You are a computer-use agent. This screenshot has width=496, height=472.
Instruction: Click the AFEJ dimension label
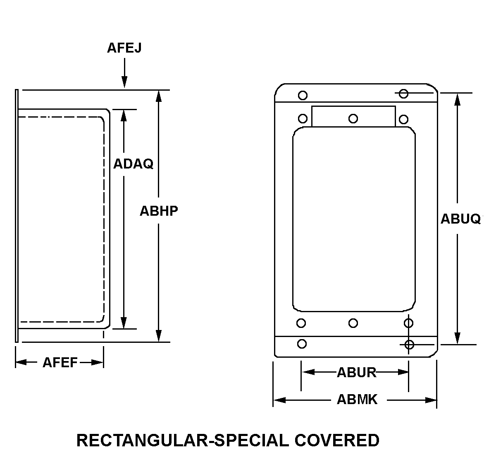pos(124,48)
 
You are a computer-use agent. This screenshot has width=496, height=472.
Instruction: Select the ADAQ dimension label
pos(133,164)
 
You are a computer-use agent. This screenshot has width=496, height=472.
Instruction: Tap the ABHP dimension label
pos(159,211)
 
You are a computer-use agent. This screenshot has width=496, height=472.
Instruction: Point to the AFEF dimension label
pos(60,363)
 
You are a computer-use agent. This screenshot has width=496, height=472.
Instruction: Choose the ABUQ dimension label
pos(460,219)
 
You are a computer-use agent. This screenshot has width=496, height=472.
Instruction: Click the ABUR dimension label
pos(356,372)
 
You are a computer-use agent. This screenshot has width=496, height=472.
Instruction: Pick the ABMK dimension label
pos(357,400)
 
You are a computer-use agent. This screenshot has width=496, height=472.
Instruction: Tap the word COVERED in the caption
pos(337,441)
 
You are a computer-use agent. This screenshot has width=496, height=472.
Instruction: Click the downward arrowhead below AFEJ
pos(124,82)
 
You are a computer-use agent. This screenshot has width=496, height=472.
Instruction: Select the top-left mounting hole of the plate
pos(303,96)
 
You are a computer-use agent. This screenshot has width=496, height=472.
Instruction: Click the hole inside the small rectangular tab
pos(353,118)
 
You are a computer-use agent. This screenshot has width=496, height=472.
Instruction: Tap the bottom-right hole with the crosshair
pos(409,344)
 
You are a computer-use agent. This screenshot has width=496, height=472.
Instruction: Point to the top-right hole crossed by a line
pos(404,94)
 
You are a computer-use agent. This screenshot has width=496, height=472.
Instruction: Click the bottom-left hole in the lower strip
pos(302,344)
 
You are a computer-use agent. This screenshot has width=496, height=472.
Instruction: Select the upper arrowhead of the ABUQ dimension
pos(458,99)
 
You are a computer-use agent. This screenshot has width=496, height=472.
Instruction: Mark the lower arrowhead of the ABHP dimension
pos(159,336)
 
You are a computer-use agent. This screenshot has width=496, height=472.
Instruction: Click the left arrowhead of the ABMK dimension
pos(279,400)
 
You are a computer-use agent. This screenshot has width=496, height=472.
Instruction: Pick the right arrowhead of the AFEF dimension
pos(97,363)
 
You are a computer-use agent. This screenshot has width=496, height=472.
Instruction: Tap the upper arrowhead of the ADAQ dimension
pos(124,116)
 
